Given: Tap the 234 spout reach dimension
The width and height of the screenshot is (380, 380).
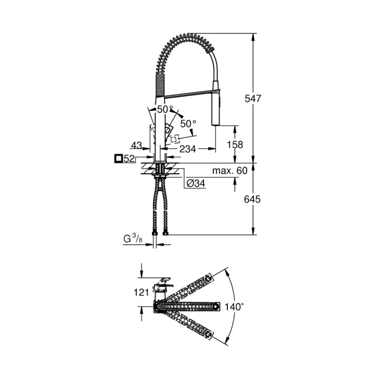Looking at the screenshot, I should [x=188, y=149].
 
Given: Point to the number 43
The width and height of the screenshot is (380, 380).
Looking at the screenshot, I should [x=136, y=144].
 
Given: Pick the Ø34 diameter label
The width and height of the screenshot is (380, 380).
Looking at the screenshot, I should [x=195, y=184].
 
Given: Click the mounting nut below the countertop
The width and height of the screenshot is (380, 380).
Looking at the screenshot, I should [x=160, y=172].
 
